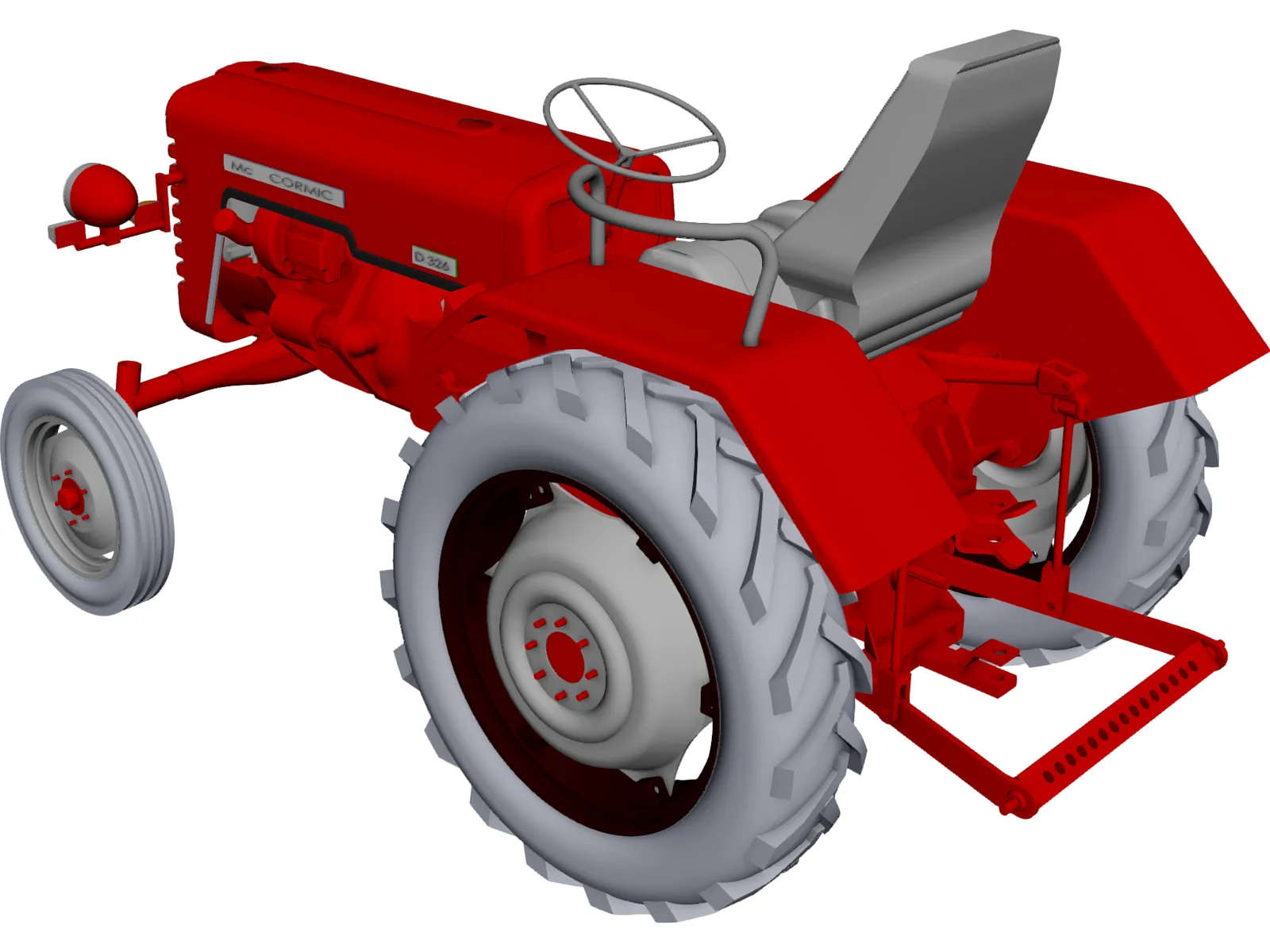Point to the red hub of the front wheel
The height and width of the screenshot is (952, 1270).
coord(70,496)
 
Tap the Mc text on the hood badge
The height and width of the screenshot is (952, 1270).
coord(241,167)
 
